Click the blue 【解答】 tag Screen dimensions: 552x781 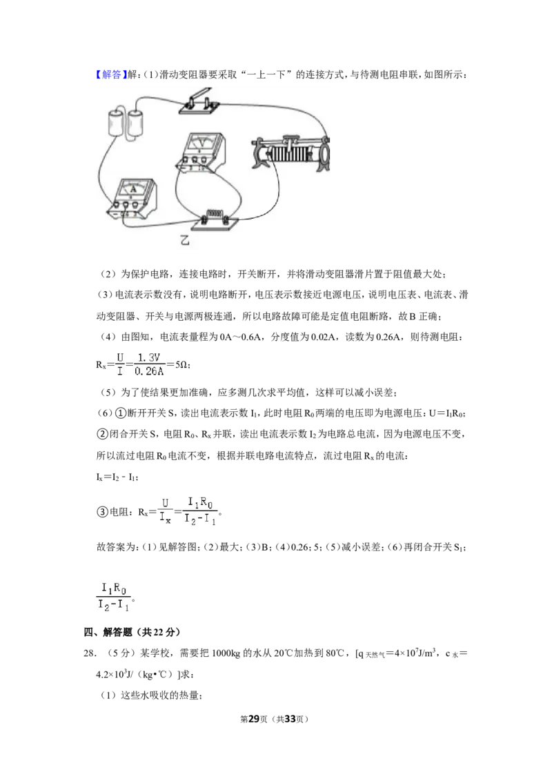[108, 75]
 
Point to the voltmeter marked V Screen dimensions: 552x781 [200, 151]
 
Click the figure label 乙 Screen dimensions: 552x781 [185, 241]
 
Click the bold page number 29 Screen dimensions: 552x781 [254, 719]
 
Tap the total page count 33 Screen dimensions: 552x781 [289, 719]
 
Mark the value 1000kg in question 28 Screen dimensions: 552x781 [226, 653]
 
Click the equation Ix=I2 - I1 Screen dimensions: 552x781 [117, 477]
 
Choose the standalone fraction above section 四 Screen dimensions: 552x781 [114, 596]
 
